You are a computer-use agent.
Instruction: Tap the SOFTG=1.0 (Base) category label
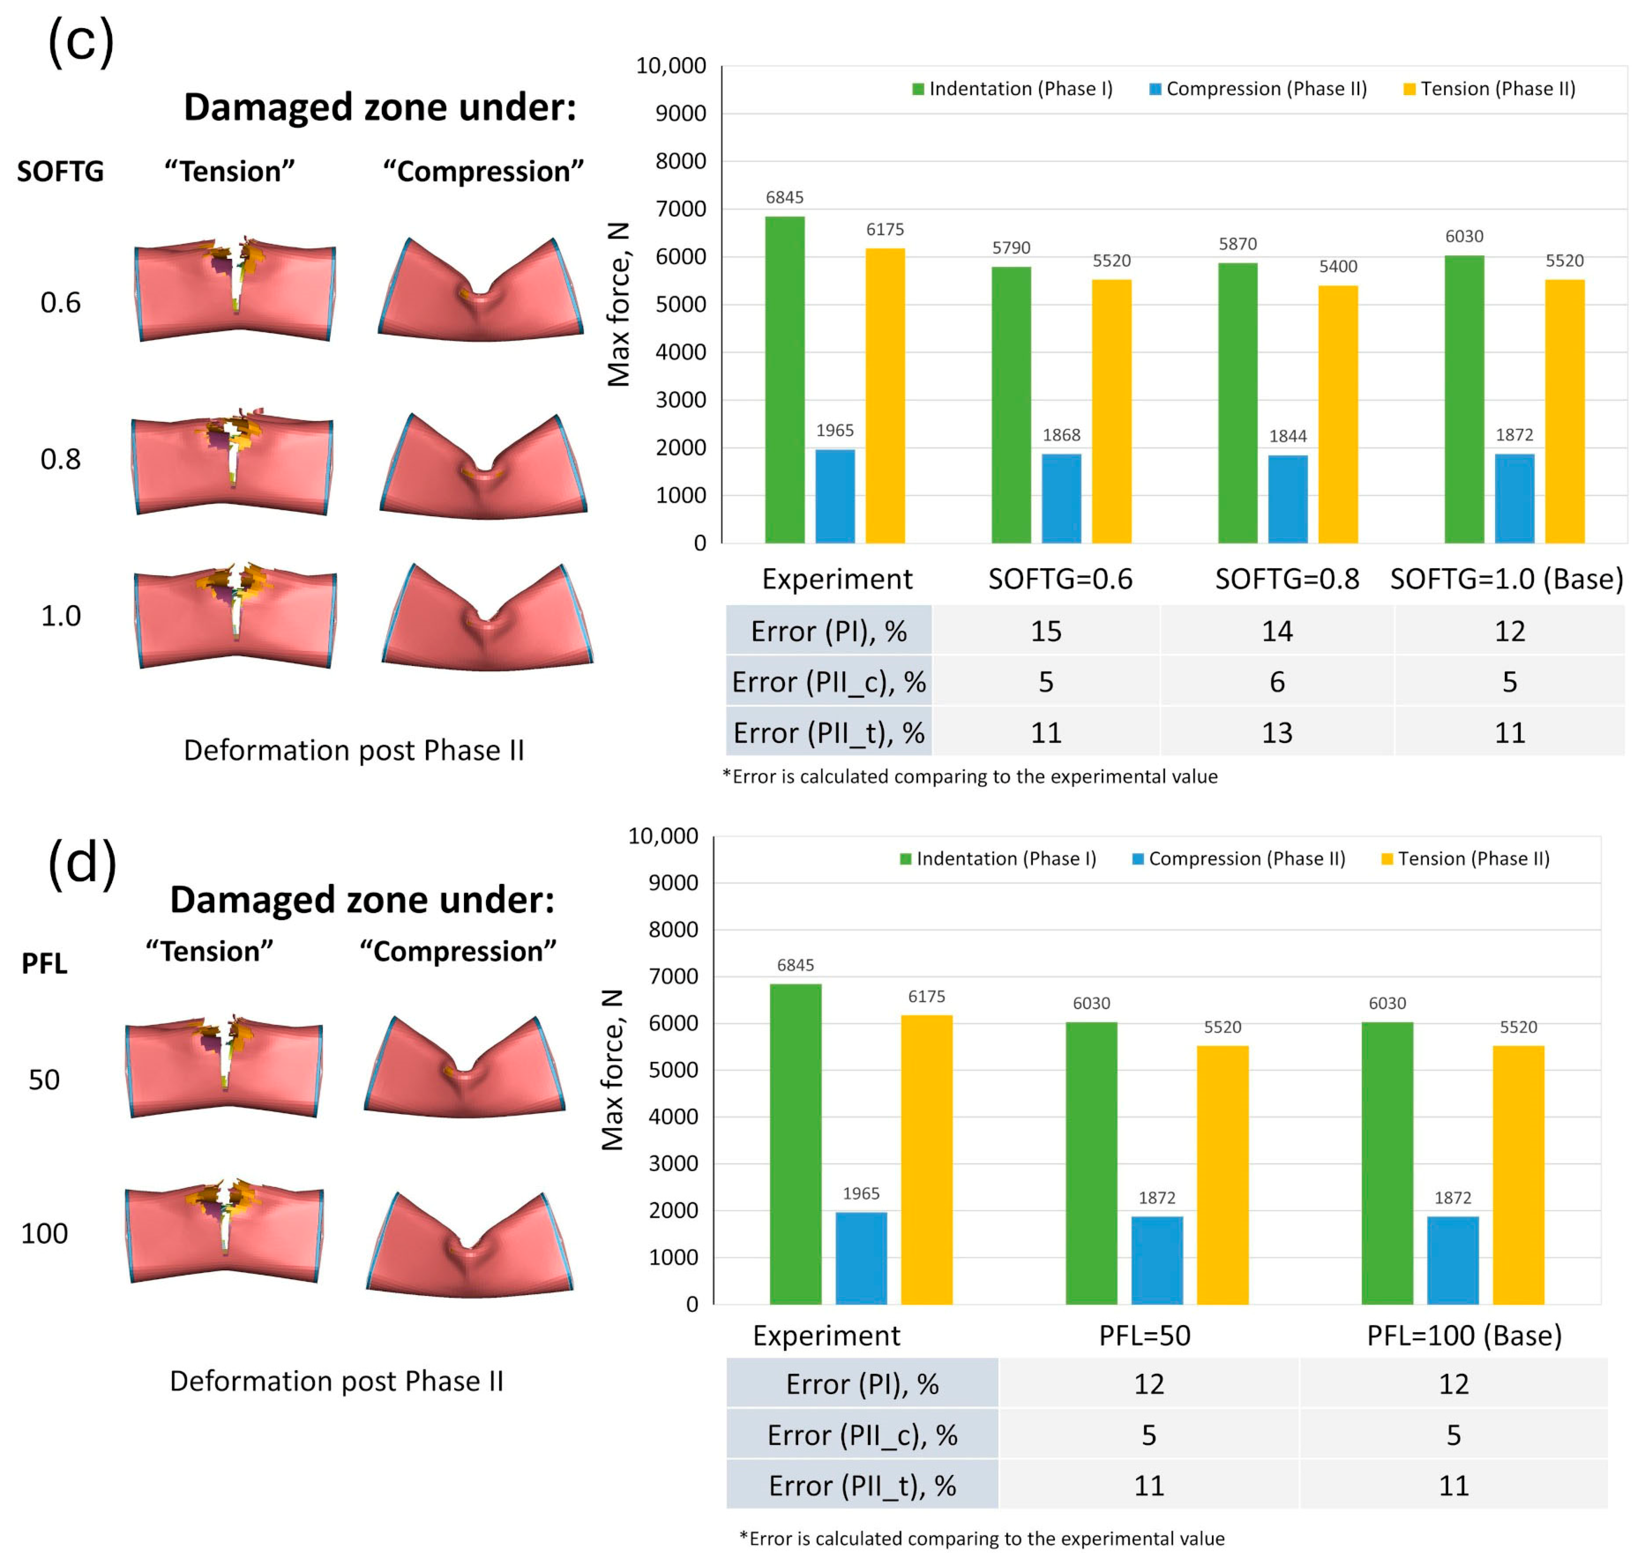[1506, 579]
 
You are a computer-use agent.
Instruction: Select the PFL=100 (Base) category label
[1464, 1336]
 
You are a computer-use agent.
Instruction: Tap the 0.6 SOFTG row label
[61, 302]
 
